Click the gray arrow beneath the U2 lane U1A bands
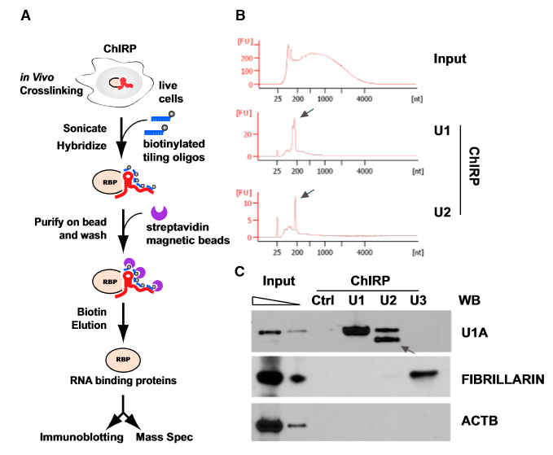click(x=405, y=349)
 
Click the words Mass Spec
click(x=165, y=438)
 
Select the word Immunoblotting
click(x=81, y=438)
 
